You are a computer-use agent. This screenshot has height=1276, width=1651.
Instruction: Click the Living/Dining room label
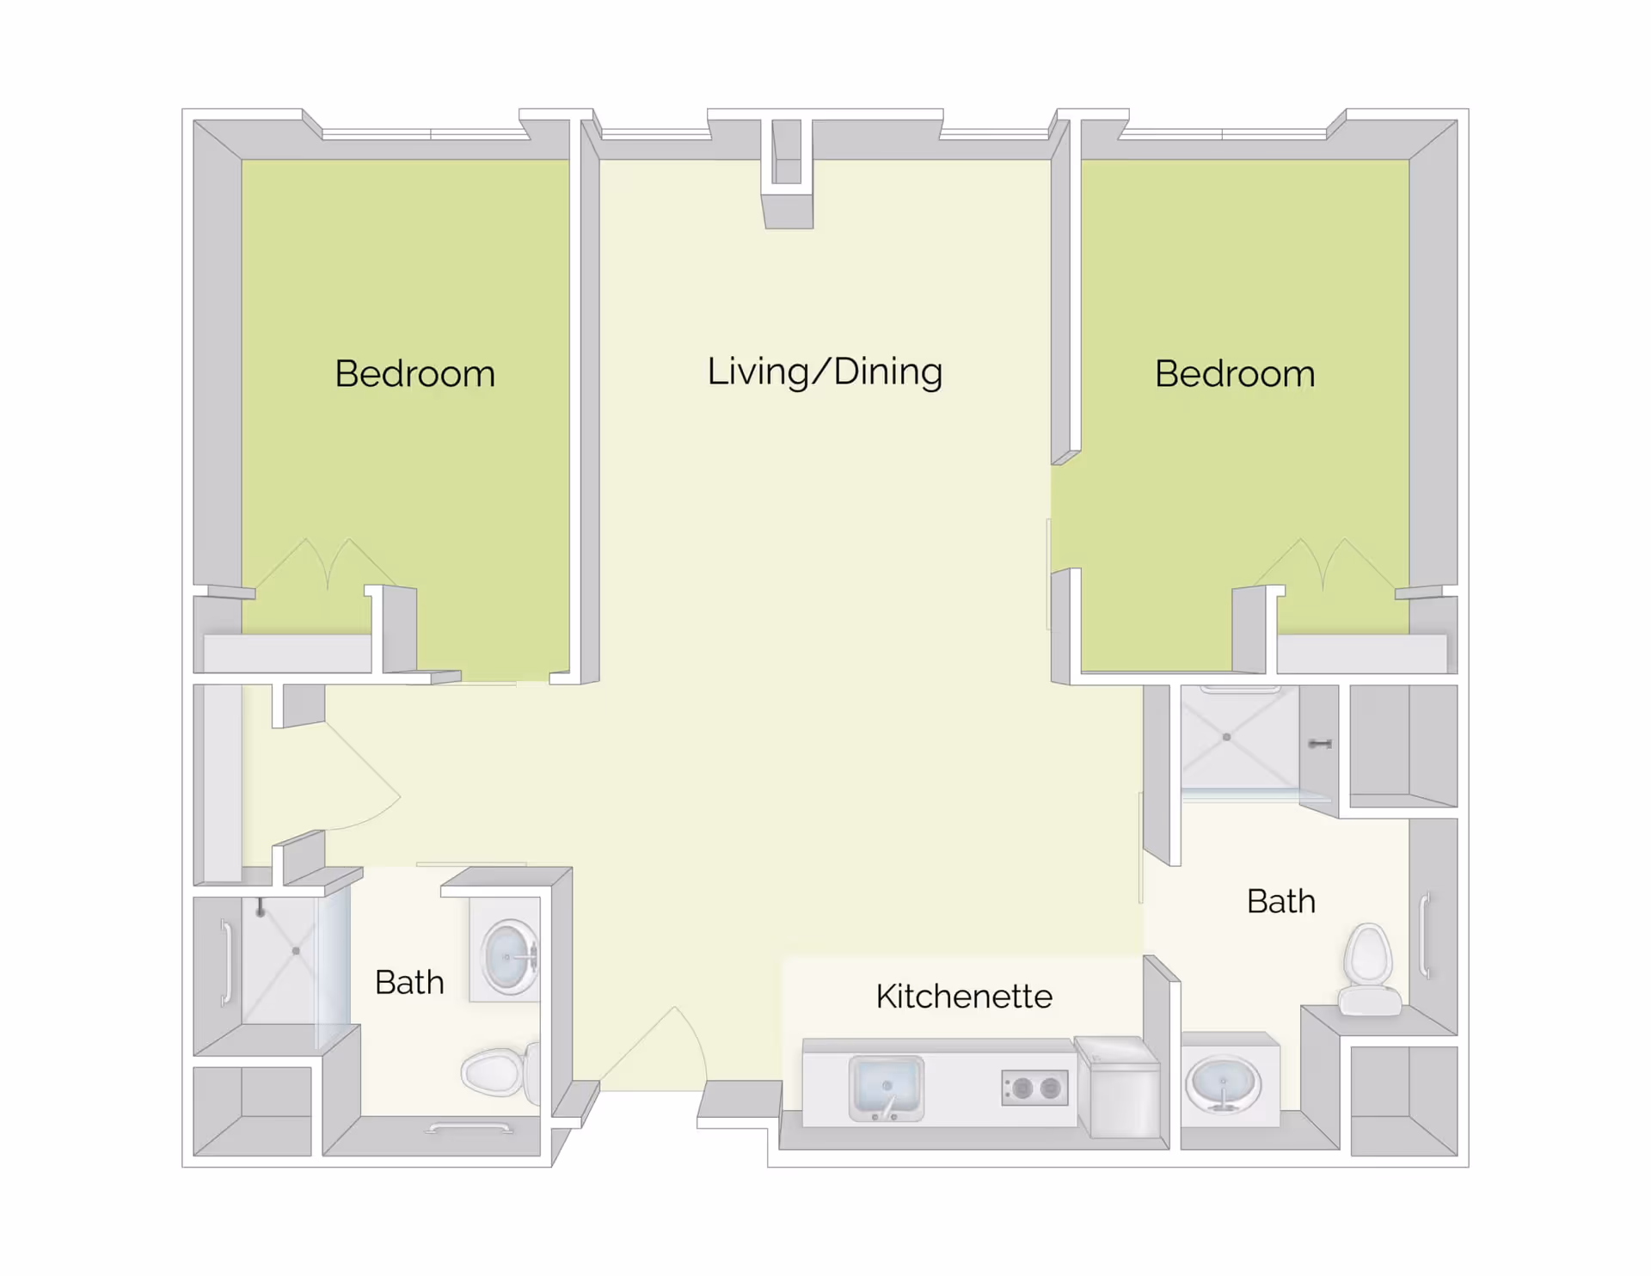tap(825, 372)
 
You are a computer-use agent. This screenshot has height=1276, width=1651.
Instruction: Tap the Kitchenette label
tap(964, 997)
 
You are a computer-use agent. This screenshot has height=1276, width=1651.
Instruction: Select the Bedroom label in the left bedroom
tap(414, 374)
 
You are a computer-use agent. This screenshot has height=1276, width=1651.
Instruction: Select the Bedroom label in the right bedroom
tap(1235, 374)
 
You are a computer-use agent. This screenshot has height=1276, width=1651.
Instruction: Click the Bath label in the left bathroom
tap(409, 983)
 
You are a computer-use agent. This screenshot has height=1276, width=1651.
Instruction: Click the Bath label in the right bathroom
tap(1280, 902)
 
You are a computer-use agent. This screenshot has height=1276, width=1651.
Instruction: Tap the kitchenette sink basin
tap(886, 1088)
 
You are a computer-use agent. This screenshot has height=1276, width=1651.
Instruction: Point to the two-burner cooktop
tap(1035, 1089)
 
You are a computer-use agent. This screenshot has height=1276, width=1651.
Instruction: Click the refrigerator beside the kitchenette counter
tap(1119, 1090)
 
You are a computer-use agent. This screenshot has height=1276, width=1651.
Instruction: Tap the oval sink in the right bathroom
tap(1222, 1084)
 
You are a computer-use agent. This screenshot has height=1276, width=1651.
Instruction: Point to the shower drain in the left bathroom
tap(296, 951)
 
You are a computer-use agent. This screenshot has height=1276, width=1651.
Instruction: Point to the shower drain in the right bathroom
tap(1226, 737)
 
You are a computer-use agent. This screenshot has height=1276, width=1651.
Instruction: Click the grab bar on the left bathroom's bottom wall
tap(470, 1128)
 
